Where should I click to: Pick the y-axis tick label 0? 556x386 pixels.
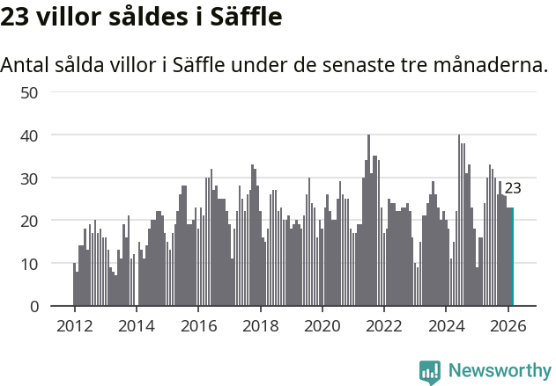point(33,307)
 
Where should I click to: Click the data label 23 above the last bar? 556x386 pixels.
point(513,188)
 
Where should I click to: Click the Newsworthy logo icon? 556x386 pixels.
point(430,372)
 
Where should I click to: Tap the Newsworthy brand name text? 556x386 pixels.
point(499,371)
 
